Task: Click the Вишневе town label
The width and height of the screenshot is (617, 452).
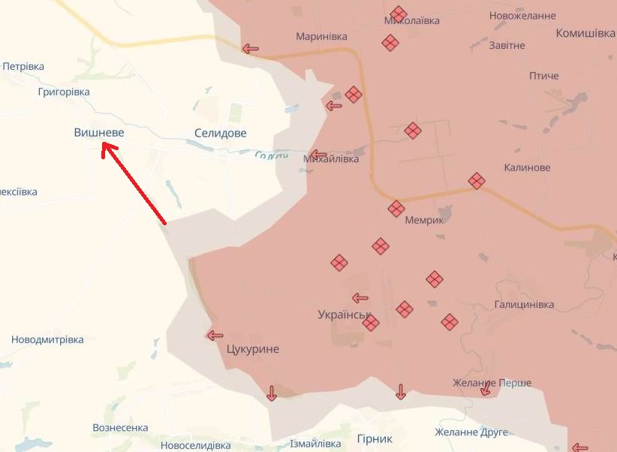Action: coord(99,132)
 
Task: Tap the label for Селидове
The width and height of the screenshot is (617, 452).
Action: coord(220,133)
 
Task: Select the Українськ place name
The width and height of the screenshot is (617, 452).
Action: coord(345,315)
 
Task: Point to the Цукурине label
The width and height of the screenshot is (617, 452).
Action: coord(252,349)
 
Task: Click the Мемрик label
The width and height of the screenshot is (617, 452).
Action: coord(424,220)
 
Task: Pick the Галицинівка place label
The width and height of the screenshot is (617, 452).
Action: coord(524,304)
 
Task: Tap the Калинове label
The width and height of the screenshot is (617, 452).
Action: coord(527,167)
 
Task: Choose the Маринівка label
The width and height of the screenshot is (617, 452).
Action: coord(321,36)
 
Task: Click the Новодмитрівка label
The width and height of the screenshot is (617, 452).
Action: coord(47,339)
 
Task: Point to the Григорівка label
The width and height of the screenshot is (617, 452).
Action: coord(63,92)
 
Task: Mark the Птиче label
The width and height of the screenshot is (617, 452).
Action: coord(543,76)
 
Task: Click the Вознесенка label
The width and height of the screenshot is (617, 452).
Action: coord(120,427)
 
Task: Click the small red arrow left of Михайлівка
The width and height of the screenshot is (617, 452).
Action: coord(318,155)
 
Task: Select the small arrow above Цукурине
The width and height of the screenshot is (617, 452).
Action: coord(215,336)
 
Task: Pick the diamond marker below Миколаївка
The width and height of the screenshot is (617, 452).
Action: coord(390,43)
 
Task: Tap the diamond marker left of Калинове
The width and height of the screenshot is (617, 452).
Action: coord(476,180)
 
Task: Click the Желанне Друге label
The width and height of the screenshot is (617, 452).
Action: coord(471,432)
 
